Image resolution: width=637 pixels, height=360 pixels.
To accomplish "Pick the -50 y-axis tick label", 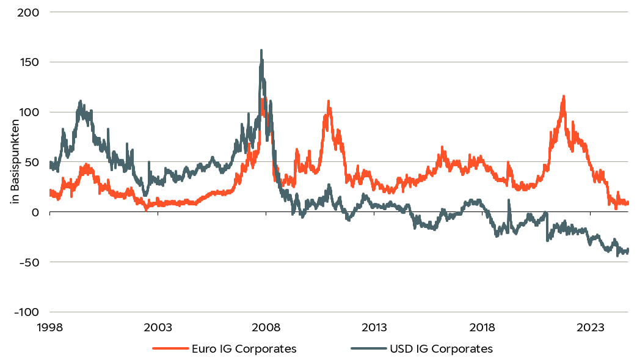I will point(29,262).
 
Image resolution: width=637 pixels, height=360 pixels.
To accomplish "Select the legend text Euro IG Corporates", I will point(244,349).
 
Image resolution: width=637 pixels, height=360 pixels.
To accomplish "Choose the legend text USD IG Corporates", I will point(440,349).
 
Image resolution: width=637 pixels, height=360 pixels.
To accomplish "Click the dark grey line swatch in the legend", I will point(368,349).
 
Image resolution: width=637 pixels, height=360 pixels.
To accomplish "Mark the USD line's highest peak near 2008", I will point(261,51).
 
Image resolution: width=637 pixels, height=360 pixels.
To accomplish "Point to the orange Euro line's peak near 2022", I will point(563,97).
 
